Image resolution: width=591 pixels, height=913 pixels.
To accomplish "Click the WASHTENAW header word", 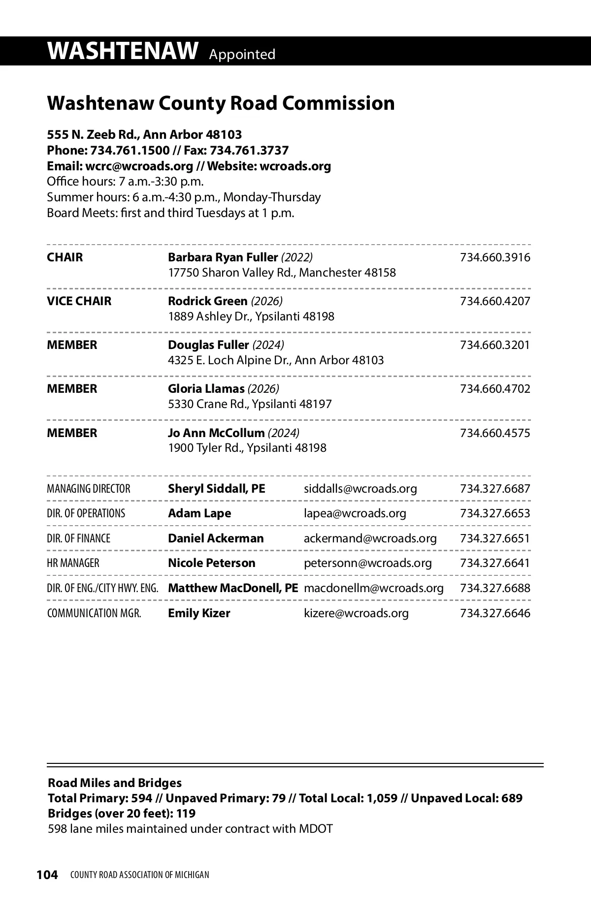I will point(123,51).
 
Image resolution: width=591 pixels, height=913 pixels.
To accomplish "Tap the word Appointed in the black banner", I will point(242,54).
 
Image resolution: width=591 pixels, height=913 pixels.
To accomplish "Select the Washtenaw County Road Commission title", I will point(221,103).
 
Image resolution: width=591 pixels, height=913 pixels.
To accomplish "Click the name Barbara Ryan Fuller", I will point(223,257).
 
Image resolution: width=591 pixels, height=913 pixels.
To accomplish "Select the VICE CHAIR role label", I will point(79,301).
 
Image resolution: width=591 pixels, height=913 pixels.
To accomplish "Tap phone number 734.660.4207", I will point(495,301).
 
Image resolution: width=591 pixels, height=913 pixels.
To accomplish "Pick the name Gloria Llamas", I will point(206,389).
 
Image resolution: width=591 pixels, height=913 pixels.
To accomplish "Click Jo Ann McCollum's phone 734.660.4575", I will point(495,433).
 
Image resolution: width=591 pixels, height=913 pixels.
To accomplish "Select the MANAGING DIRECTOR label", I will point(89,489).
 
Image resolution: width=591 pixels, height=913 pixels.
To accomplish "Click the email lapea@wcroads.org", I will point(355,513).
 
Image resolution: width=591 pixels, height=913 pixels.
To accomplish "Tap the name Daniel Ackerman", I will point(216,538).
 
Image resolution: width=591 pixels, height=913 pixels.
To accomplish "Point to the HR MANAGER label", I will point(73,563).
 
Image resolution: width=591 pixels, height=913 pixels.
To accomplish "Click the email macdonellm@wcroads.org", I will point(373,588).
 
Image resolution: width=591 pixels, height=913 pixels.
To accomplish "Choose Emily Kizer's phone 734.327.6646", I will point(495,613).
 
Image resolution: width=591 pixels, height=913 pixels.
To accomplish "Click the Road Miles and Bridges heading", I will point(114,783).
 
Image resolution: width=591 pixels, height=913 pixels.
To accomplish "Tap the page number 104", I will point(47,875).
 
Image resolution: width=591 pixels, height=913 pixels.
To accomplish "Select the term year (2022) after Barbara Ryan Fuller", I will point(297,257).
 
